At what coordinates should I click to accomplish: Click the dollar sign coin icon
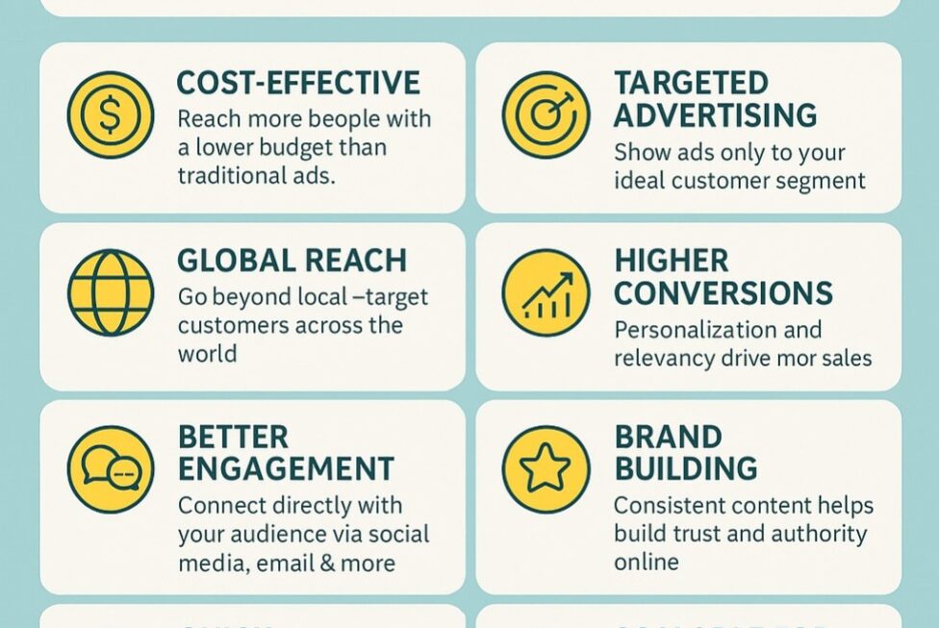coord(111,115)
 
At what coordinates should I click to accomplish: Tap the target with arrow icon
coord(546,115)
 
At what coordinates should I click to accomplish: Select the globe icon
coord(111,293)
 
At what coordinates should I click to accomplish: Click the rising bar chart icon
coord(546,293)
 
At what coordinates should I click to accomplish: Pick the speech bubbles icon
coord(111,469)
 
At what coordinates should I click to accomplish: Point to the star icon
coord(546,469)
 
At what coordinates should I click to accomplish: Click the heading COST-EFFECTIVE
coord(298,83)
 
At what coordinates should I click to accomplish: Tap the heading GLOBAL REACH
coord(292,261)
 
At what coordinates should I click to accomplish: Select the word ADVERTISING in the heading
coord(715,115)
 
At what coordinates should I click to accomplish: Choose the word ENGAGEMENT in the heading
coord(286,469)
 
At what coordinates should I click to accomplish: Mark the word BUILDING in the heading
coord(685,469)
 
